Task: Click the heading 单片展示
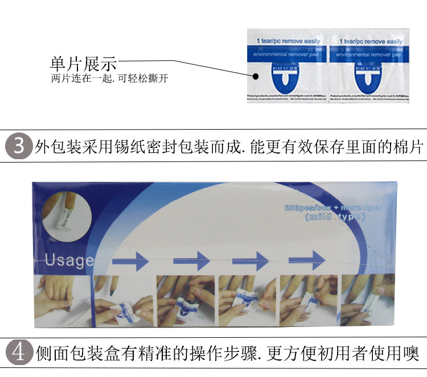click(84, 63)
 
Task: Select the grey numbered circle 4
click(19, 353)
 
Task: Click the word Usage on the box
click(69, 260)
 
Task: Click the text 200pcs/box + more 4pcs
click(333, 208)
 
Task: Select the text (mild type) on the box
click(333, 217)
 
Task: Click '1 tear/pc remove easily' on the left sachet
click(288, 41)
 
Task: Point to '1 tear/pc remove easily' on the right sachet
click(370, 42)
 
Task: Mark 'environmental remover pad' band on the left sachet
click(288, 55)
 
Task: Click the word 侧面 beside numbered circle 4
click(49, 354)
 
